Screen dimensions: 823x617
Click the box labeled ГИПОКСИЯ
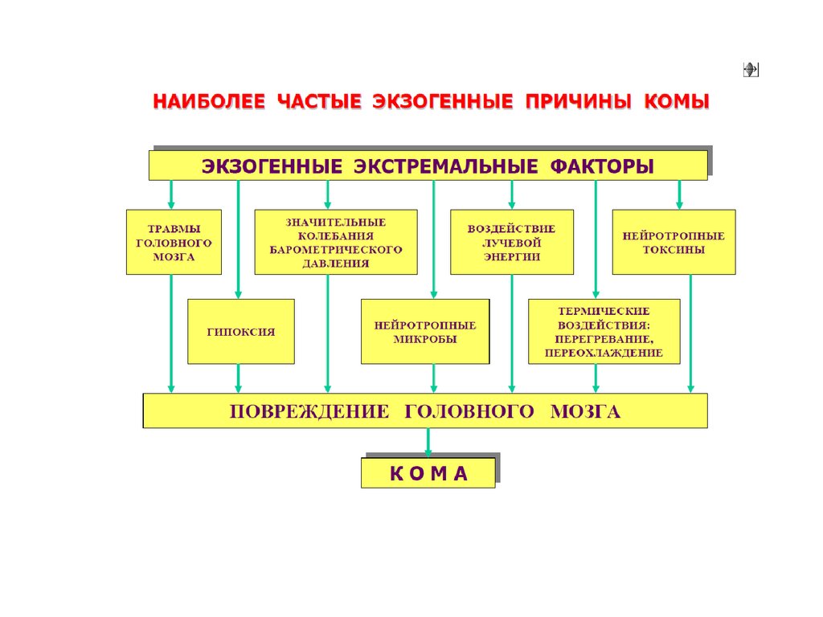tap(240, 331)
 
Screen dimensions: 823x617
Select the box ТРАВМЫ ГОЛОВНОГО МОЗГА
tap(174, 242)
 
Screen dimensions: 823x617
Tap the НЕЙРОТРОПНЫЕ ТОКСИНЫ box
tap(674, 242)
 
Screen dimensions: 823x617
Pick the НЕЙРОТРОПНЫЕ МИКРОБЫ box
tap(425, 331)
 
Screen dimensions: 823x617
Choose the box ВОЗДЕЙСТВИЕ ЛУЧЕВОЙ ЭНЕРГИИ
tap(512, 242)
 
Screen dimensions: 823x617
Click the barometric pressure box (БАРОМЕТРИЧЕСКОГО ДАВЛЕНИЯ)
tap(336, 242)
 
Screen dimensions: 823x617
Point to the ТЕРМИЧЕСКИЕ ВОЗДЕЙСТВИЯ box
tap(604, 331)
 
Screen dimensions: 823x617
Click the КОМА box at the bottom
tap(428, 473)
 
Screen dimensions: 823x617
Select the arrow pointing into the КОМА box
tap(428, 442)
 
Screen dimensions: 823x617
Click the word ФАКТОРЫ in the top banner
tap(602, 166)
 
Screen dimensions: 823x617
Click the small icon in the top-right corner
tap(751, 70)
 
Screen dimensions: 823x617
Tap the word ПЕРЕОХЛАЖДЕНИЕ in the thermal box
tap(604, 353)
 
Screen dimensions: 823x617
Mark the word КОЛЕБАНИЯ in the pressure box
tap(336, 235)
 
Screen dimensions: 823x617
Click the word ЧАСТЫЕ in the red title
tap(318, 102)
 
